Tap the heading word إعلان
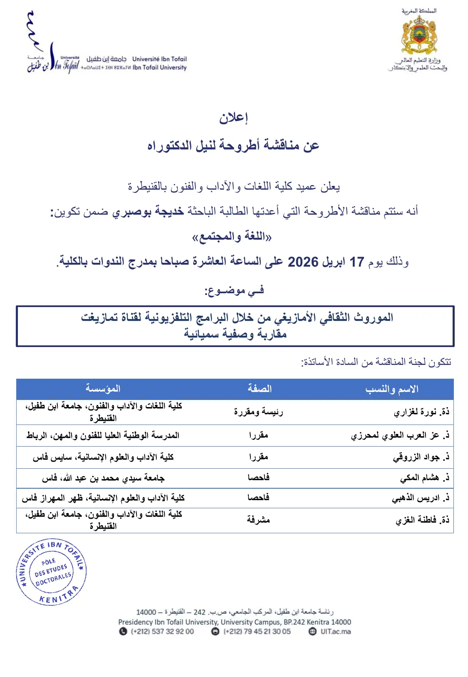click(x=233, y=118)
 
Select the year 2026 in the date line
click(x=303, y=262)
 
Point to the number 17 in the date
click(x=357, y=262)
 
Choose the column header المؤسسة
click(x=103, y=389)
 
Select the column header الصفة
click(x=260, y=389)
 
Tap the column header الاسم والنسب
click(x=392, y=389)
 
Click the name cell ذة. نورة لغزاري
click(x=421, y=412)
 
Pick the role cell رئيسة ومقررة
click(x=258, y=412)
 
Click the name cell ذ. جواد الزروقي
click(x=421, y=457)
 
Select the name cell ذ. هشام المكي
click(x=424, y=477)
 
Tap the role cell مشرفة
click(x=258, y=520)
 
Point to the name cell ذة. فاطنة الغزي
click(x=422, y=520)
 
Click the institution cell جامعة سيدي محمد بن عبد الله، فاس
click(x=103, y=478)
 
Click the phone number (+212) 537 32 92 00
click(x=162, y=631)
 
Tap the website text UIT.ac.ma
click(x=335, y=631)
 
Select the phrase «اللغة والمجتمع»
click(x=232, y=237)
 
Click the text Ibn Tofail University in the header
click(x=160, y=67)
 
